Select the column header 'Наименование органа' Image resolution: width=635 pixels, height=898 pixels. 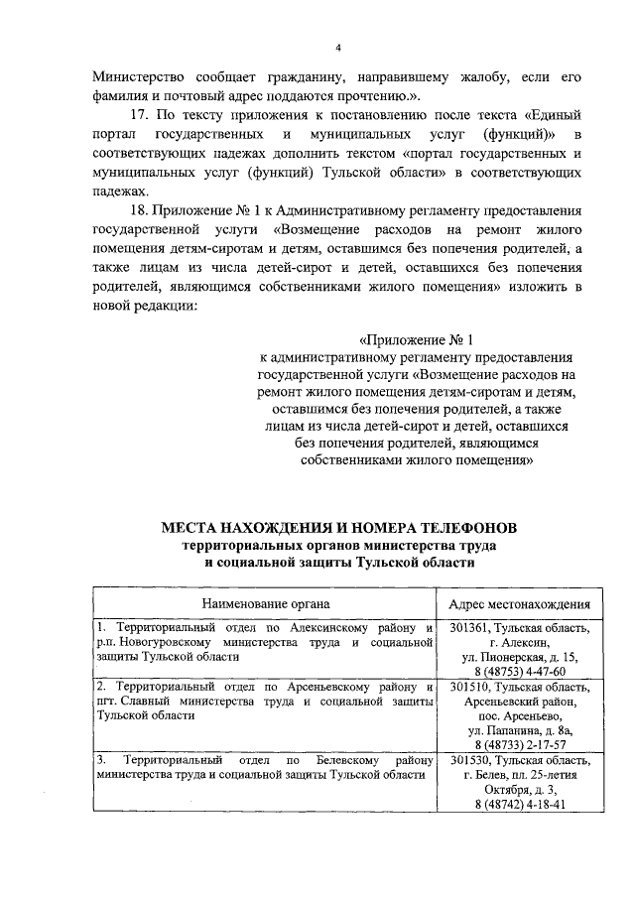coord(266,602)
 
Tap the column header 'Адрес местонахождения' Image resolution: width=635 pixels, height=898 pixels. coord(519,602)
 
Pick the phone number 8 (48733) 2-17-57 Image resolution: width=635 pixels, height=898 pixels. coord(519,743)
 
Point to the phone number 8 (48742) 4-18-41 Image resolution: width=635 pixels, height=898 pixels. coord(519,804)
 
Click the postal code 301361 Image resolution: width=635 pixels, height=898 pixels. coord(469,627)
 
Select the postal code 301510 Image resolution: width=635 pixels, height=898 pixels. coord(469,687)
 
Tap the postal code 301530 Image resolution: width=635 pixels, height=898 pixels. coord(469,760)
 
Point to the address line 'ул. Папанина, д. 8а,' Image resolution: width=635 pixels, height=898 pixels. coord(519,729)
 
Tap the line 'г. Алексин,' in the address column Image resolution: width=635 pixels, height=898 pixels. coord(519,642)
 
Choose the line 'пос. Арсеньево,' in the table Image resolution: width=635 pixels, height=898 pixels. coord(519,715)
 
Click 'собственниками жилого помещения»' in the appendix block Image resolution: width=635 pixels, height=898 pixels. coord(417,460)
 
